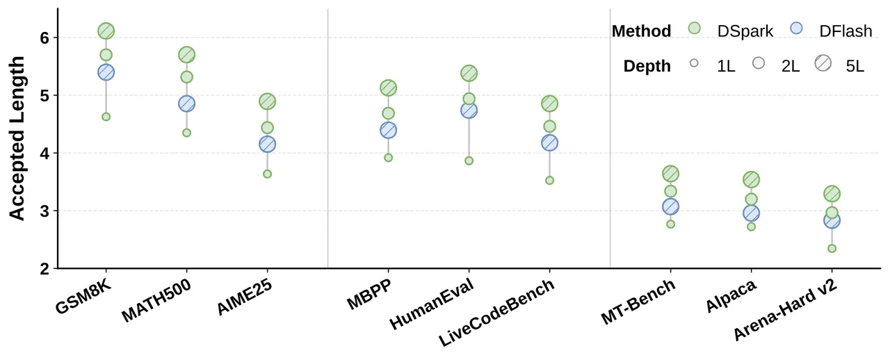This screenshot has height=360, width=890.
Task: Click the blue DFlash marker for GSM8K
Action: pos(106,72)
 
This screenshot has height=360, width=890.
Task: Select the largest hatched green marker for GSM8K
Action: pos(106,31)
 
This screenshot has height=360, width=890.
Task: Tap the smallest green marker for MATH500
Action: pos(187,133)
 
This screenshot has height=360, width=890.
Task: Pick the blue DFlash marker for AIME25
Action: pos(268,144)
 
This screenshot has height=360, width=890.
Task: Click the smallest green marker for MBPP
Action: pos(388,158)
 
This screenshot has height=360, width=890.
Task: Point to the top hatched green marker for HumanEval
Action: pos(469,73)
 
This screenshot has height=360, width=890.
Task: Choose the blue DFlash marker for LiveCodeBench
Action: pos(549,142)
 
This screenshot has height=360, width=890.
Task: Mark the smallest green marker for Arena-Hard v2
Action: pos(832,248)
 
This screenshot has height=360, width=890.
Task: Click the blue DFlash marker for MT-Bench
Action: pos(671,206)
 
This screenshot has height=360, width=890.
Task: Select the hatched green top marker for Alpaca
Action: pos(751,179)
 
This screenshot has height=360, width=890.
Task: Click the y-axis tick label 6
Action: pos(44,38)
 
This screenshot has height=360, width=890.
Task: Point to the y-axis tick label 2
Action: pos(44,269)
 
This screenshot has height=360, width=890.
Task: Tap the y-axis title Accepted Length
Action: pos(17,138)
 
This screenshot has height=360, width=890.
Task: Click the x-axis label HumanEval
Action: pos(432,304)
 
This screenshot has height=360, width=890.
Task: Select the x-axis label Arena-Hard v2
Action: pos(786,310)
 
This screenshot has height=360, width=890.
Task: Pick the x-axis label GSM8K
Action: pos(83,297)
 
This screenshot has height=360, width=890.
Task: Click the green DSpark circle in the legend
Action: pos(694,28)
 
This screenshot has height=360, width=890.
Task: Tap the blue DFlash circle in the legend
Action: pos(796,28)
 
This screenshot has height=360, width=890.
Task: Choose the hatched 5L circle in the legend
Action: pos(823,63)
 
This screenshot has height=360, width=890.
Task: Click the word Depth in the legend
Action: pos(647,66)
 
